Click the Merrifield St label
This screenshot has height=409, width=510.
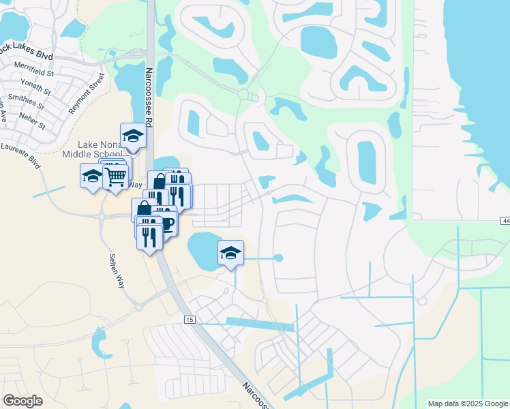pyautogui.click(x=35, y=72)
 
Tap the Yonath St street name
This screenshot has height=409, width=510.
pyautogui.click(x=35, y=89)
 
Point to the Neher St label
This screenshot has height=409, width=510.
pyautogui.click(x=31, y=125)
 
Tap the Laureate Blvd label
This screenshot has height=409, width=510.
pyautogui.click(x=20, y=154)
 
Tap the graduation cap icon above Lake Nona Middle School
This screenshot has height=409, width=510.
pyautogui.click(x=133, y=135)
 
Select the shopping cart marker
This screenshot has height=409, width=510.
pyautogui.click(x=115, y=177)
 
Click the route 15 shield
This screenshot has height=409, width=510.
pyautogui.click(x=190, y=319)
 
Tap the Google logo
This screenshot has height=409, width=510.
pyautogui.click(x=22, y=401)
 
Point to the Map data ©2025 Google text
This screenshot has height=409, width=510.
pyautogui.click(x=467, y=404)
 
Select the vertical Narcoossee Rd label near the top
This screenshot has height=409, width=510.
pyautogui.click(x=148, y=95)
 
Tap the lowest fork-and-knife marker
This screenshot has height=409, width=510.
pyautogui.click(x=149, y=236)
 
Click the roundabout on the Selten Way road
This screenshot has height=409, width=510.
pyautogui.click(x=102, y=217)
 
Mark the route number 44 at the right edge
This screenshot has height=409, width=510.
pyautogui.click(x=505, y=220)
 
